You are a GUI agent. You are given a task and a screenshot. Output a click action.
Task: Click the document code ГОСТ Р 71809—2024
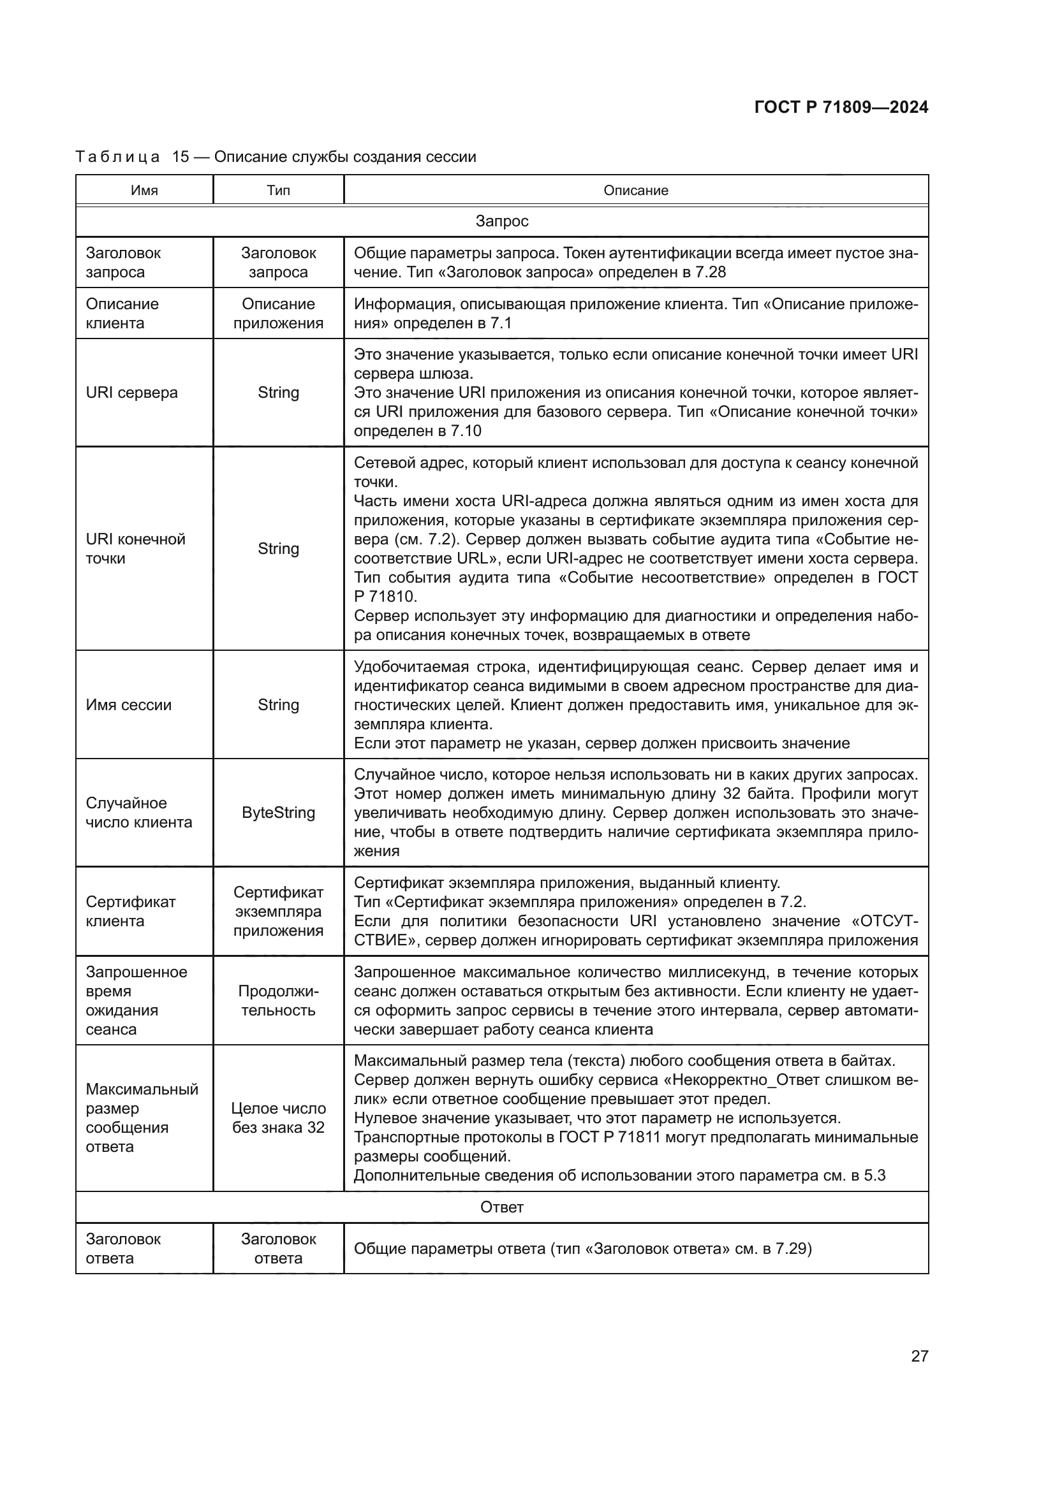click(841, 107)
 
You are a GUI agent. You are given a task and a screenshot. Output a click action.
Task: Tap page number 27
click(919, 1355)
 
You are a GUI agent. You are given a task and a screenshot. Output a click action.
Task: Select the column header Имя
click(144, 190)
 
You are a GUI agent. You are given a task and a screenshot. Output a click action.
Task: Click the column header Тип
click(278, 190)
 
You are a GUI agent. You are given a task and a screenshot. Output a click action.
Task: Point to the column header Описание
click(635, 190)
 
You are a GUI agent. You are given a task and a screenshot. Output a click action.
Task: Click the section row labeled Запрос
click(501, 221)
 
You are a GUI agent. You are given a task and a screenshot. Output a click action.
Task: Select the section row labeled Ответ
click(501, 1207)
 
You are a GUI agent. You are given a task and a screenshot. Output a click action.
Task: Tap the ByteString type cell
click(278, 812)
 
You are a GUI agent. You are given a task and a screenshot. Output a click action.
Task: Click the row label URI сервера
click(131, 392)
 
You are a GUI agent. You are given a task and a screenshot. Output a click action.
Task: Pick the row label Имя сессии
click(129, 704)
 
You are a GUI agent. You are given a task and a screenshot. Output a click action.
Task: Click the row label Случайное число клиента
click(139, 812)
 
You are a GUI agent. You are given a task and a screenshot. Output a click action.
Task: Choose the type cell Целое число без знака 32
click(278, 1117)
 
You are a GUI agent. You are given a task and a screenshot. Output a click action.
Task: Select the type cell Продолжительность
click(278, 1001)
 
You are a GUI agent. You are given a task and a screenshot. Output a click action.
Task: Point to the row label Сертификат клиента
click(131, 911)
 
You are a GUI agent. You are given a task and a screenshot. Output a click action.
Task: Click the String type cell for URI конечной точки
click(278, 549)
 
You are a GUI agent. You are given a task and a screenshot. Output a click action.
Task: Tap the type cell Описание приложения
click(278, 314)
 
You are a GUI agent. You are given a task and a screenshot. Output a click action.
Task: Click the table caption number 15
click(180, 157)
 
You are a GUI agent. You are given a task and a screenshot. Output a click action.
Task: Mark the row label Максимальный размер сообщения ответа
click(142, 1117)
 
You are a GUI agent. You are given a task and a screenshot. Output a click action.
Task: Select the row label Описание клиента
click(122, 314)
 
